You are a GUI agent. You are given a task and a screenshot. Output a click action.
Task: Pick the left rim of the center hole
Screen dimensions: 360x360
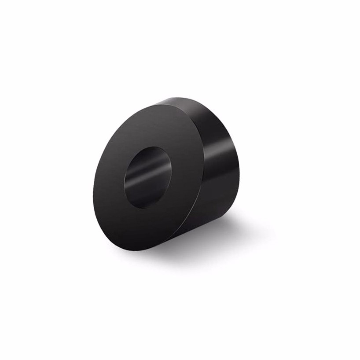125,183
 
